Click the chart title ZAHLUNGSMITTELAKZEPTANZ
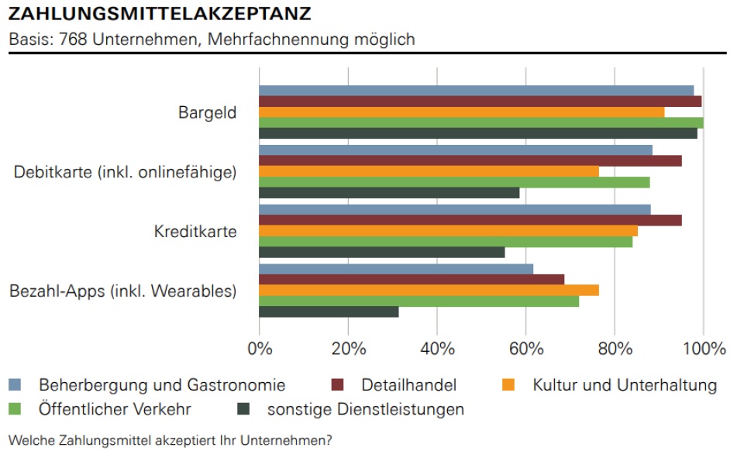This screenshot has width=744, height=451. (160, 14)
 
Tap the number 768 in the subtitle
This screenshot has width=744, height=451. (74, 39)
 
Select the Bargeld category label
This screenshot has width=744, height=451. (207, 112)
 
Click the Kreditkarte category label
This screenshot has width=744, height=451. (195, 232)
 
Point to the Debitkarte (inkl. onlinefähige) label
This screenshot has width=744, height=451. (125, 172)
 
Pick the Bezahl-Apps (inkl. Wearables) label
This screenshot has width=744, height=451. (122, 291)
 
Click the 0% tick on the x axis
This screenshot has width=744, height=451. (260, 348)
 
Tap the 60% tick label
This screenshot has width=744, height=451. (526, 348)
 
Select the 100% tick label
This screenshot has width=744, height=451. (703, 348)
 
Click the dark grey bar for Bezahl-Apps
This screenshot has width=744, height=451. (329, 312)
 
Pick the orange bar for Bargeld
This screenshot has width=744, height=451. (461, 112)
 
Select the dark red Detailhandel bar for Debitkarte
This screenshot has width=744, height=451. (470, 160)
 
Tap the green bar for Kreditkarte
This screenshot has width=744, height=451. (445, 242)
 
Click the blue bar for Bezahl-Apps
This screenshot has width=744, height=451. (395, 269)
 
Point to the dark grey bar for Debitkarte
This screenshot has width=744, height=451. (388, 193)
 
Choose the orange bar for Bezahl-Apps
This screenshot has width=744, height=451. (429, 290)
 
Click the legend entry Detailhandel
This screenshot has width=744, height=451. (408, 385)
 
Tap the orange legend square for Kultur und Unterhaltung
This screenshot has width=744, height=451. (509, 385)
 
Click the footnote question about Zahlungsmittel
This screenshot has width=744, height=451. (170, 440)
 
